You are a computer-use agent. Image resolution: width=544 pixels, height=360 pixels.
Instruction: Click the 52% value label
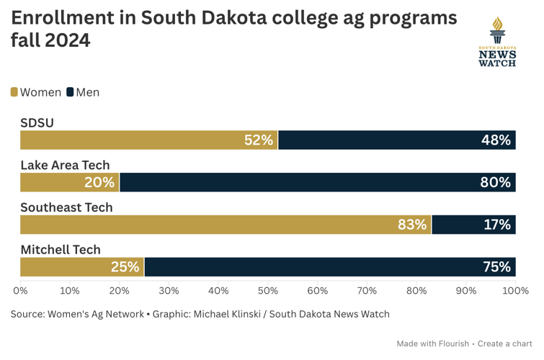pyautogui.click(x=259, y=140)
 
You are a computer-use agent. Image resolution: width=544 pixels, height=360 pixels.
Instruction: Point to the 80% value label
pyautogui.click(x=496, y=182)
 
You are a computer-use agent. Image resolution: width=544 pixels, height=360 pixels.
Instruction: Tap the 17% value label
pyautogui.click(x=497, y=225)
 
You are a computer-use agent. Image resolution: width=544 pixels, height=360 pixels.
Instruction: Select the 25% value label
pyautogui.click(x=125, y=267)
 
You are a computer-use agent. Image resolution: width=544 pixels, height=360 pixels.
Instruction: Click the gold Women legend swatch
pyautogui.click(x=14, y=92)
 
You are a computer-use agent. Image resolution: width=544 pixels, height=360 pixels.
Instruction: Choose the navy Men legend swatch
pyautogui.click(x=71, y=92)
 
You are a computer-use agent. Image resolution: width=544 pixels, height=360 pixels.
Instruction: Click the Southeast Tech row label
pyautogui.click(x=66, y=207)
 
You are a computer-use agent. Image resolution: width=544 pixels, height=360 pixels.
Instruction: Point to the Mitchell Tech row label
pyautogui.click(x=61, y=250)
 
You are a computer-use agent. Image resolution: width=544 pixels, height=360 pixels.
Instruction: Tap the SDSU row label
pyautogui.click(x=37, y=123)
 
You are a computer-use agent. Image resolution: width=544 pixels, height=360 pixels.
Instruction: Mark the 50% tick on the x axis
pyautogui.click(x=268, y=291)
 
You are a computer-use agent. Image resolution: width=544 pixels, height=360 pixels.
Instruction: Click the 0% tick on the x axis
pyautogui.click(x=20, y=291)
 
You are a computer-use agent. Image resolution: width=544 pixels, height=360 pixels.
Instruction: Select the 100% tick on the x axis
pyautogui.click(x=514, y=291)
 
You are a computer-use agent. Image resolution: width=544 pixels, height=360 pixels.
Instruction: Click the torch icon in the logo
pyautogui.click(x=497, y=30)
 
